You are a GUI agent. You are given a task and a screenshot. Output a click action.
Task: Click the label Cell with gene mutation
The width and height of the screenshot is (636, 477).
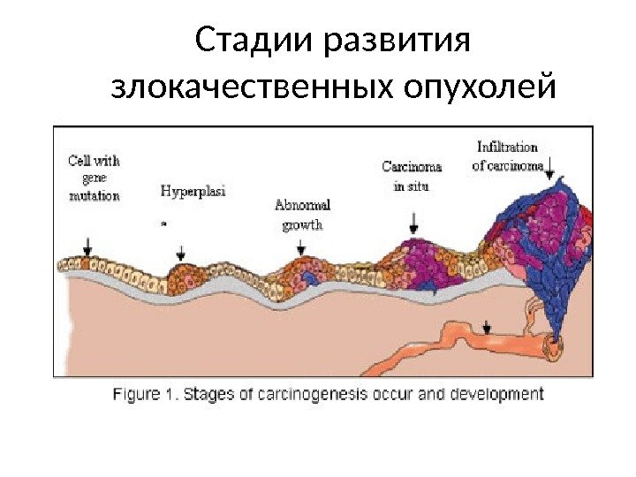[x=94, y=178]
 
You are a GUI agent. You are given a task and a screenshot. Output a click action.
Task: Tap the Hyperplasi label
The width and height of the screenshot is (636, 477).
[x=193, y=192]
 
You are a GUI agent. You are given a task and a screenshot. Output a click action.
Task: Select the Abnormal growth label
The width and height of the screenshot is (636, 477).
[x=302, y=214]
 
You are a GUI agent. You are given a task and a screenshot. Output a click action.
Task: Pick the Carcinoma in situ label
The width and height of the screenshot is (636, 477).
[x=412, y=175]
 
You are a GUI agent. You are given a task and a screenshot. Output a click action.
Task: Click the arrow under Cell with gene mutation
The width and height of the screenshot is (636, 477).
[x=87, y=245]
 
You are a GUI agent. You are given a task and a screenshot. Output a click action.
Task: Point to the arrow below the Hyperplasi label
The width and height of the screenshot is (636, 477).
[x=181, y=252]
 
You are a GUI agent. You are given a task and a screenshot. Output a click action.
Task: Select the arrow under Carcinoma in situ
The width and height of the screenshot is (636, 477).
[x=413, y=225]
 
